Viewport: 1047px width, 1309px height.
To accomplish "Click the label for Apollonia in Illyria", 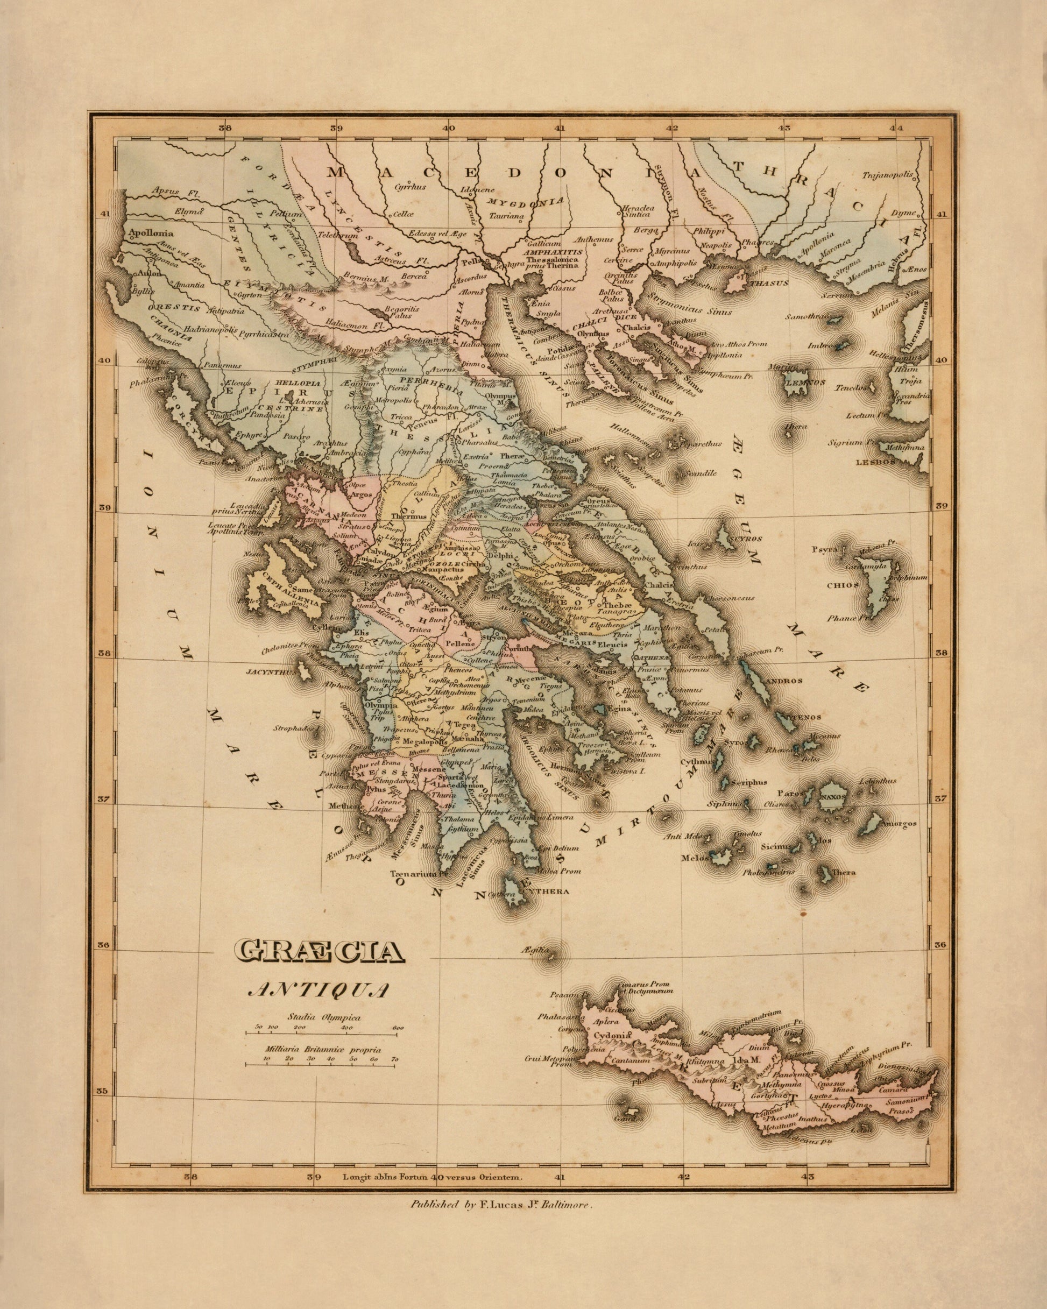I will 151,233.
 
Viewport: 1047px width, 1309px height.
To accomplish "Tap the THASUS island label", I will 768,283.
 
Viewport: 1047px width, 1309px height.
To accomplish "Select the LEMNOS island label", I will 805,383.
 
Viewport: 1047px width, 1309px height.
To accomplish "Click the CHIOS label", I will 843,586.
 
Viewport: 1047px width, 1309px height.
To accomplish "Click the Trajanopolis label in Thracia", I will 888,175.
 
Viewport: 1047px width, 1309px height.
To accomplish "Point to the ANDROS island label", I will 784,681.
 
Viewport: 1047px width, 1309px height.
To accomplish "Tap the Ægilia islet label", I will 534,949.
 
